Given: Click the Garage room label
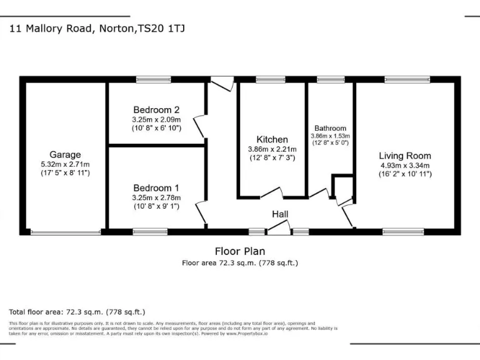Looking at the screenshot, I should pos(66,154).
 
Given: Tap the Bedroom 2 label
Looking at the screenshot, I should pos(156,109).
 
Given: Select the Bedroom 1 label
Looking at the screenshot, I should pos(156,187).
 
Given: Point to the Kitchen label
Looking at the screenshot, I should pos(272,139).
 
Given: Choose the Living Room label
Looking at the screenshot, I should pos(405,156).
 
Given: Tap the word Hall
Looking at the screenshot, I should pos(280,214).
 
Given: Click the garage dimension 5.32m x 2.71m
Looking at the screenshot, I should pos(66,164).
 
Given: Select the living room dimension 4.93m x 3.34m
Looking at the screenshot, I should pos(405,166).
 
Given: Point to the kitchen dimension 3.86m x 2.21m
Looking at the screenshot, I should pos(272,149).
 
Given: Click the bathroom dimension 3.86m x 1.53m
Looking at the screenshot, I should pos(331,135).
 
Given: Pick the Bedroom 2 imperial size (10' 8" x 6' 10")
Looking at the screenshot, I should pos(156,128).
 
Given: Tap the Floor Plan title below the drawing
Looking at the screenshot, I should pos(240,251).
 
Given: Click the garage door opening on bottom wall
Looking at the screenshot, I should pos(66,232).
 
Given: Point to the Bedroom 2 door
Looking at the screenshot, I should pos(200,126).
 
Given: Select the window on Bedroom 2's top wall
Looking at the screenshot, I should pos(154,79).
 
